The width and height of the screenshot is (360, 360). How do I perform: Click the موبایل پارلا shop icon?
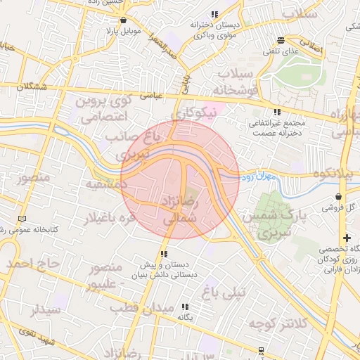(x=124, y=20)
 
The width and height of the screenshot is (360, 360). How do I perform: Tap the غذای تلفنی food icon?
(x=281, y=40)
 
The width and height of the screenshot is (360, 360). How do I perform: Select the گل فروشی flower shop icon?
(x=340, y=196)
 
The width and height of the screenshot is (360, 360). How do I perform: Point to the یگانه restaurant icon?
(x=186, y=307)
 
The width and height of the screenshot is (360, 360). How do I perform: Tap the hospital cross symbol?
(x=345, y=238)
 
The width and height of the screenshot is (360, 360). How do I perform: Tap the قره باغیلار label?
(x=109, y=219)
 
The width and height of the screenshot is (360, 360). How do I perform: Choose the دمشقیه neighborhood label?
(x=105, y=184)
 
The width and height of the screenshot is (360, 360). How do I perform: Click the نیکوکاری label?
(x=196, y=112)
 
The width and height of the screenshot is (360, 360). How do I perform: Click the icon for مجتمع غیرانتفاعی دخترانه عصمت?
(x=278, y=111)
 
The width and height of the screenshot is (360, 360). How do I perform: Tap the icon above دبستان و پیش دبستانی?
(x=164, y=254)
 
